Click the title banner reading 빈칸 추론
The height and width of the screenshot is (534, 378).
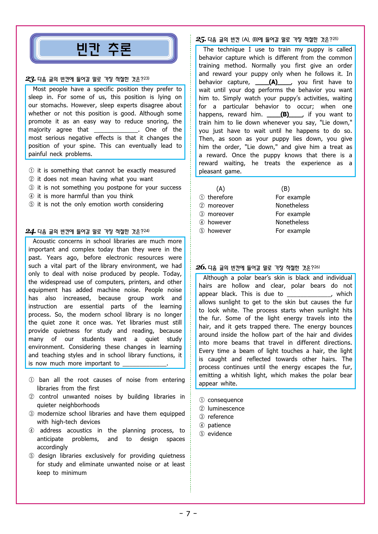(x=104, y=49)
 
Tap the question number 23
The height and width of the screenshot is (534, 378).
(x=30, y=79)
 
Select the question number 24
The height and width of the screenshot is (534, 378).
(x=30, y=231)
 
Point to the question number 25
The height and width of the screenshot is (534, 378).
(x=201, y=39)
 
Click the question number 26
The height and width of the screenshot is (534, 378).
(x=201, y=267)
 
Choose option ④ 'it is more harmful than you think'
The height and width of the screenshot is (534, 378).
(x=85, y=196)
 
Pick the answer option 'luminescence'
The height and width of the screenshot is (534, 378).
(x=226, y=408)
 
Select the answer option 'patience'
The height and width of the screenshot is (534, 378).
(x=219, y=425)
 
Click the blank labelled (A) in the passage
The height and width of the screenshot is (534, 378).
(x=273, y=82)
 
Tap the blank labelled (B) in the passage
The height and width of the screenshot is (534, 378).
(x=285, y=115)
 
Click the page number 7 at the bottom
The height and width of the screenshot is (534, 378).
(x=188, y=514)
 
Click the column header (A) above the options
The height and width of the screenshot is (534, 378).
(x=220, y=189)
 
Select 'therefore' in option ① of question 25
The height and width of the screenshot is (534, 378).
(x=220, y=197)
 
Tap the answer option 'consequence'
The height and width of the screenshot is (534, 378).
(x=225, y=400)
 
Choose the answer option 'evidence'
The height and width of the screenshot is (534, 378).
(x=219, y=434)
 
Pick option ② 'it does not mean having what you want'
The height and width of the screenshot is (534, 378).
(x=95, y=179)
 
